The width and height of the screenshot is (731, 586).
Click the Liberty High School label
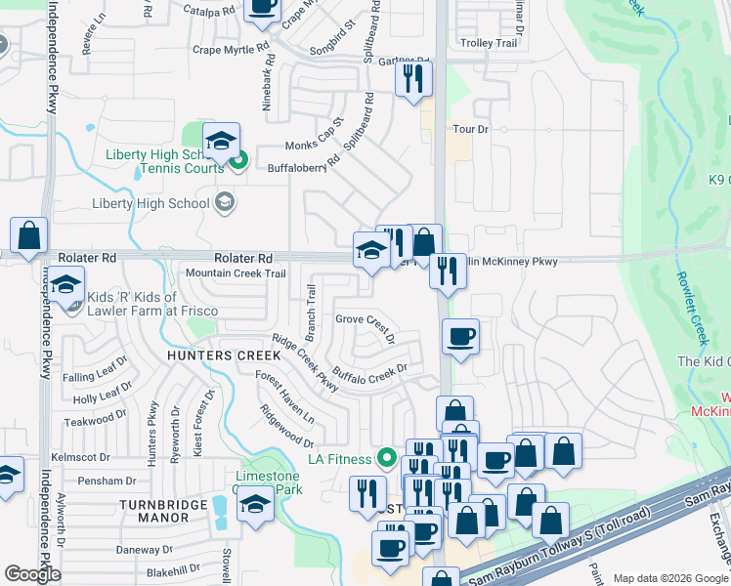click(150, 203)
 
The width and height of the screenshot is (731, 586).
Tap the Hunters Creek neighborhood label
click(223, 356)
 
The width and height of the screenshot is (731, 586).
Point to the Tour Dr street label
click(470, 129)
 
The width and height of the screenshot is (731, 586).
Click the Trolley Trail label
click(488, 43)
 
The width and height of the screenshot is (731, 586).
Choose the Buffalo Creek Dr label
click(369, 373)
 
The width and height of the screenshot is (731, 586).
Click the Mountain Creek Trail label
click(236, 273)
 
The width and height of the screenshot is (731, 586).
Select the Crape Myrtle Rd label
click(231, 49)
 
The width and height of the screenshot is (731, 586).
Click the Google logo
click(32, 574)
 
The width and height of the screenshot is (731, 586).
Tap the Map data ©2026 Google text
click(668, 578)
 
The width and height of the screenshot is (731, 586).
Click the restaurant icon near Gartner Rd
click(413, 78)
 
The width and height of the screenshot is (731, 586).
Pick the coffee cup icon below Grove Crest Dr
click(460, 337)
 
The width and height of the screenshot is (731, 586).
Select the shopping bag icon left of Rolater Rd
click(29, 235)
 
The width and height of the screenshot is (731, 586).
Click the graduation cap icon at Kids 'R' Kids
click(66, 287)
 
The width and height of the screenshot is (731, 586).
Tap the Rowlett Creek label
click(690, 307)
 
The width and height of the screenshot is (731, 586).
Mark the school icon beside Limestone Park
click(255, 506)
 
